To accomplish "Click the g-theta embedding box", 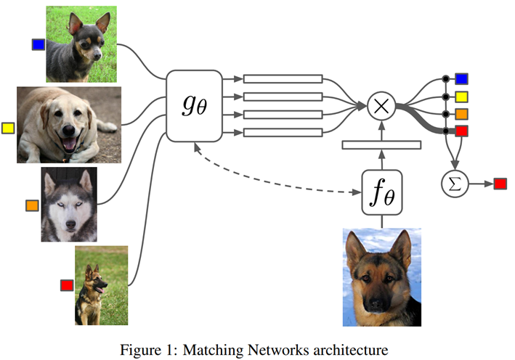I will tap(194, 106).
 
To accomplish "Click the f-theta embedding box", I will tap(381, 192).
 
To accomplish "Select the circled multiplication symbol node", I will tap(379, 106).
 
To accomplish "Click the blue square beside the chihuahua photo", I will tap(38, 44).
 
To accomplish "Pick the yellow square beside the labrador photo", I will tap(8, 128).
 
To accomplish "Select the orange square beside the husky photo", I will tap(32, 205).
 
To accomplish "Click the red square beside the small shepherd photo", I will tap(67, 285).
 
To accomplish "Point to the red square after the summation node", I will tap(500, 184).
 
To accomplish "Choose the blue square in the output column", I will tap(461, 79).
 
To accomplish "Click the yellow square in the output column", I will tap(461, 97).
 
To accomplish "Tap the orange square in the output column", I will tap(461, 113).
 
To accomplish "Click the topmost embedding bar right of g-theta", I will tap(283, 79).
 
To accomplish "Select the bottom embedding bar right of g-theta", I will tap(283, 131).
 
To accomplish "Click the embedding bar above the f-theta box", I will tap(381, 145).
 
